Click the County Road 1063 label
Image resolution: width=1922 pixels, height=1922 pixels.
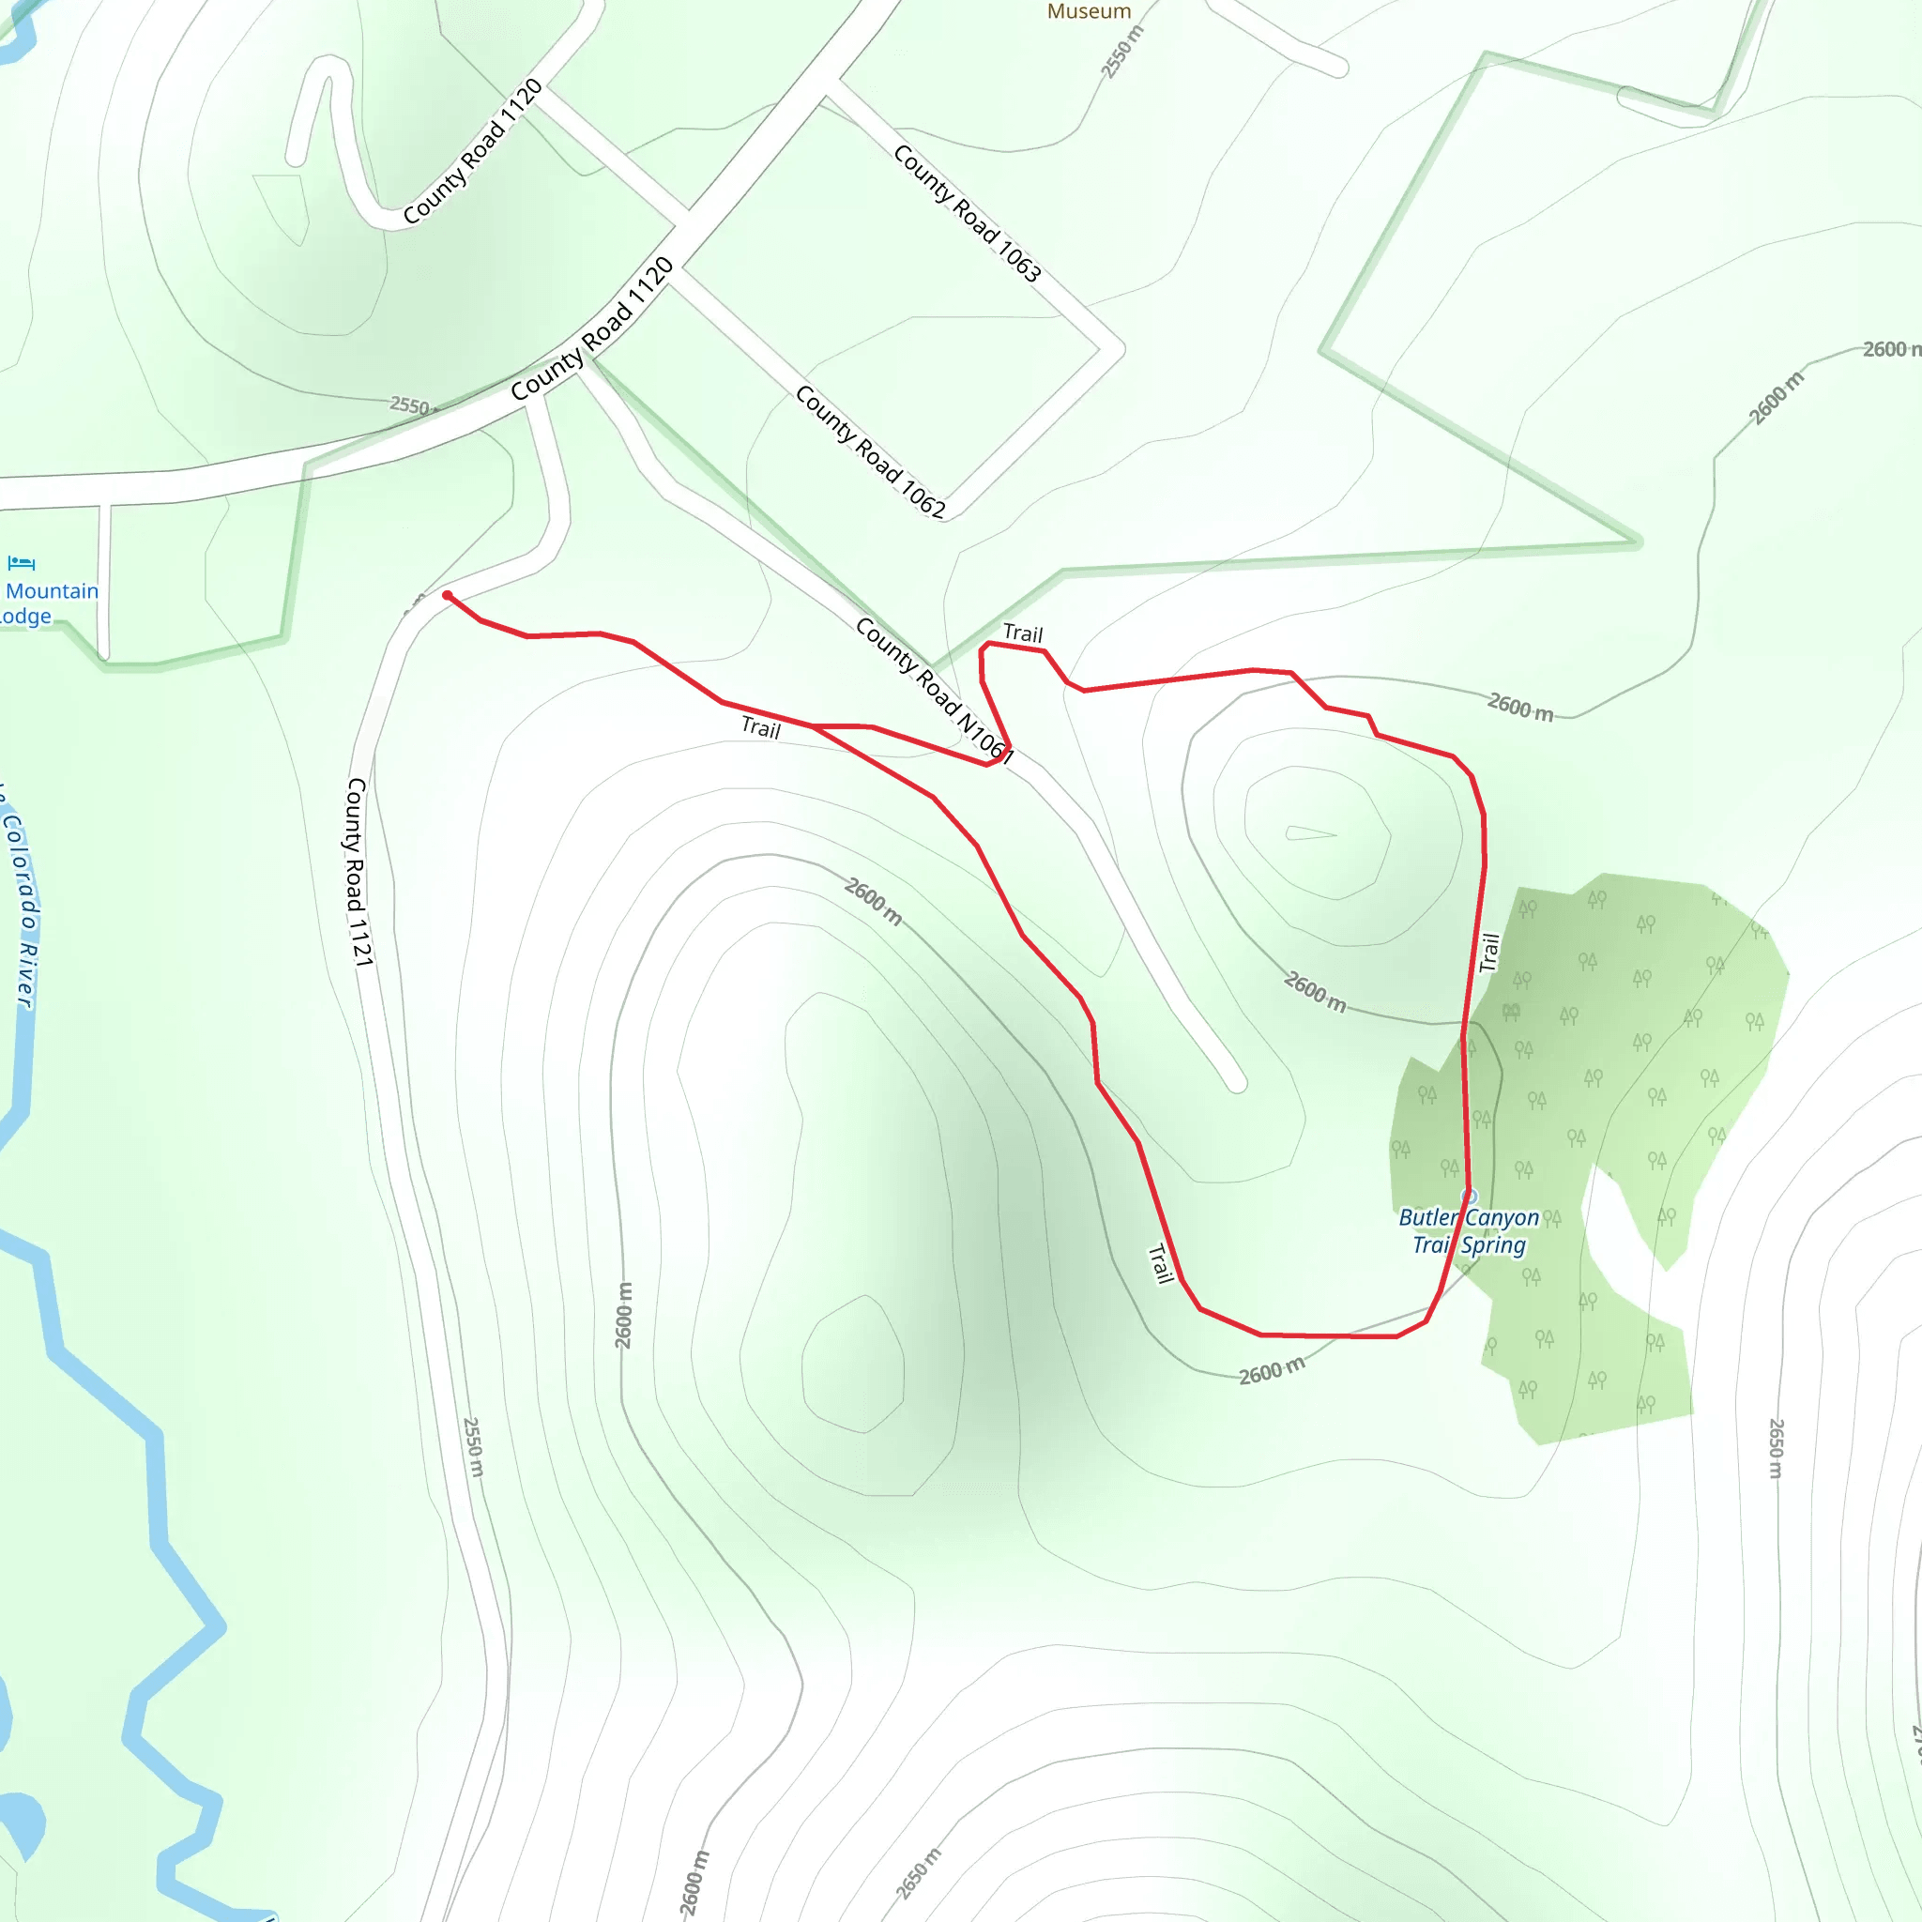point(967,213)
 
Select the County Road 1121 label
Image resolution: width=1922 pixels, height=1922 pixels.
point(359,872)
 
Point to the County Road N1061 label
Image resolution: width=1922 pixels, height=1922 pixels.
point(934,691)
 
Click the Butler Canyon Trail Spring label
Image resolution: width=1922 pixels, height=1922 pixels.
point(1469,1230)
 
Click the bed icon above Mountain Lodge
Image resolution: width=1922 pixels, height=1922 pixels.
point(21,564)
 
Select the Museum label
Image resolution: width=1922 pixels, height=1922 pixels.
point(1089,11)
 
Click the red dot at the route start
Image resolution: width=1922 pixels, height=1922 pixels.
point(448,596)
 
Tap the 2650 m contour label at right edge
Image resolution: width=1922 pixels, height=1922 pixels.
point(1776,1447)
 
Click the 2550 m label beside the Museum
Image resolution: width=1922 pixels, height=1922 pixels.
point(1122,52)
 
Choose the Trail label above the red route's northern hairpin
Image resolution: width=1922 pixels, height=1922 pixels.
point(1023,633)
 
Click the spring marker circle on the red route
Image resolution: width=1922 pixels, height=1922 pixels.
point(1470,1196)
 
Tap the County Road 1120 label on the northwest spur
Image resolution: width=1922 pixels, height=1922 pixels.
point(473,151)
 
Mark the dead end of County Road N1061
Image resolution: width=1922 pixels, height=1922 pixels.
point(1237,1083)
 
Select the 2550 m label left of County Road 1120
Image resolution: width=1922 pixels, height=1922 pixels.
point(411,404)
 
